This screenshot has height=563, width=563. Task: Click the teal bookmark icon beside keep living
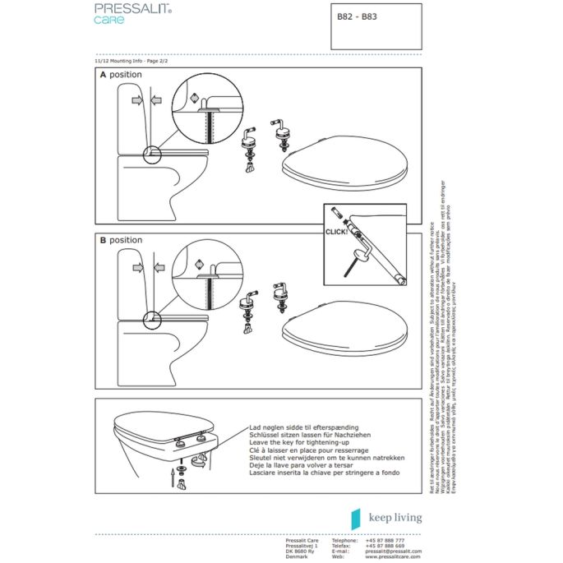click(x=356, y=518)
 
